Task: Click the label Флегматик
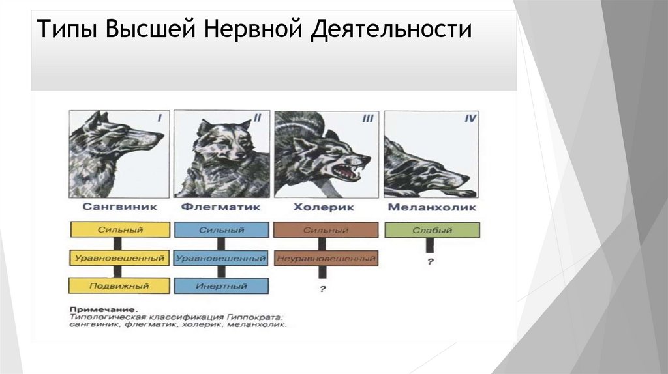222,208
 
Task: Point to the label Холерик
324,208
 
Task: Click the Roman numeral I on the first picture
159,118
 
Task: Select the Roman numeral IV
470,119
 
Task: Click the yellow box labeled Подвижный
120,285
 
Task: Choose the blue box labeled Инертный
222,285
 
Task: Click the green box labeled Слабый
431,230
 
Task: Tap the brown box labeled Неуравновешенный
326,258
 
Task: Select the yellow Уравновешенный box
120,258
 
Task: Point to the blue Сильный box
222,230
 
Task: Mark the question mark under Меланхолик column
431,262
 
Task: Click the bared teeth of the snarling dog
346,171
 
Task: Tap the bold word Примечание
102,308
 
